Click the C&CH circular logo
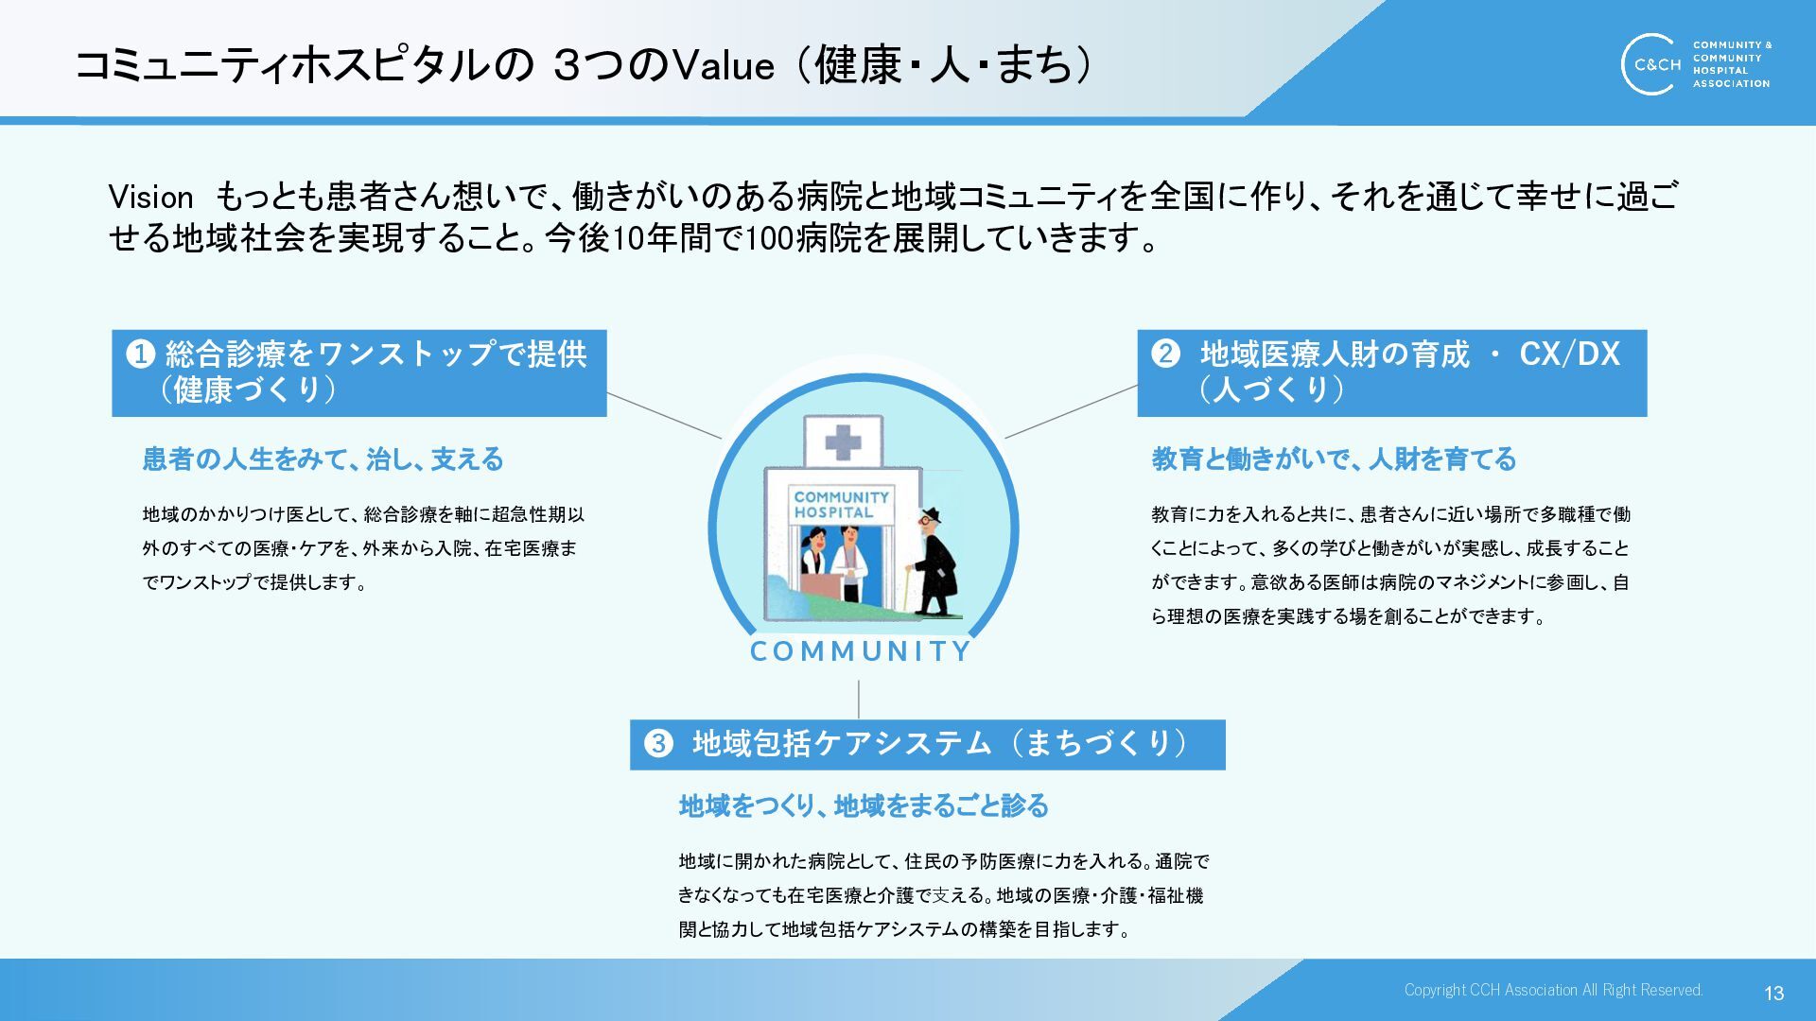1652,64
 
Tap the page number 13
1773,993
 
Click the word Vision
150,198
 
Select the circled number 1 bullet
140,354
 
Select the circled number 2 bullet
1165,354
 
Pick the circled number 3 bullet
658,743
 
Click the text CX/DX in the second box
1569,354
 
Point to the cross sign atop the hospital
843,441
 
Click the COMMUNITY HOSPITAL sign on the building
841,504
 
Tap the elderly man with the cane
934,562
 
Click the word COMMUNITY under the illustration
860,651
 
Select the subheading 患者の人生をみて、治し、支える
323,459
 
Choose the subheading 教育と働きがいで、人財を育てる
1334,459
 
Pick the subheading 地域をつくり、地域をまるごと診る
864,805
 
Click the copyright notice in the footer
1553,990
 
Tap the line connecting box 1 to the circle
663,415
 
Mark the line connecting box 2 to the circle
1071,411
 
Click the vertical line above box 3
859,700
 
